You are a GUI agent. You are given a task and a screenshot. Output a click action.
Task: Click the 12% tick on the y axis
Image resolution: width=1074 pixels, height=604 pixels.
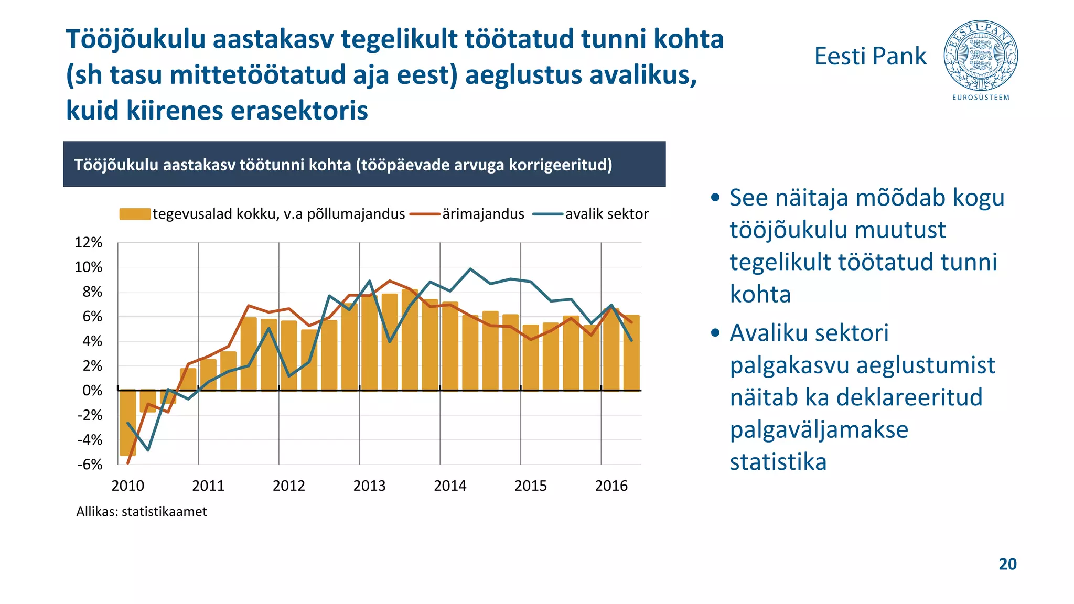tap(89, 243)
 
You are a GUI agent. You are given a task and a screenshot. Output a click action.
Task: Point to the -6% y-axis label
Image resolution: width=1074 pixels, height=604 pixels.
tap(90, 465)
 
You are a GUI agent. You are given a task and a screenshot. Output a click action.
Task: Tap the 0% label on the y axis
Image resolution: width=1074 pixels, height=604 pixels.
tap(92, 391)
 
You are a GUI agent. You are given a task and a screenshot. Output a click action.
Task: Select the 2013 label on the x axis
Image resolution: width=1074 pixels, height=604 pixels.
tap(369, 486)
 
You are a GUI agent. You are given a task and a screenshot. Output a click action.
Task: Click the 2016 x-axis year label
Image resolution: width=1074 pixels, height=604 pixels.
tap(611, 486)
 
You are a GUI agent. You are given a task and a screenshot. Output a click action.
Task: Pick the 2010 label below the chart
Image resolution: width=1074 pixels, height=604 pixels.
tap(127, 486)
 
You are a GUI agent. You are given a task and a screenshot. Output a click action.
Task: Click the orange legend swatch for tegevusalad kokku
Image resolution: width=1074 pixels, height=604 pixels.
tap(135, 214)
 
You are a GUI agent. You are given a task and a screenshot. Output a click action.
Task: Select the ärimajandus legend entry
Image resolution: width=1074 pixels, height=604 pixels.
tap(482, 214)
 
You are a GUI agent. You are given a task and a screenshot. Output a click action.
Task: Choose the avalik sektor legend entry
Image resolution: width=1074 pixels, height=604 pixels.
tap(606, 214)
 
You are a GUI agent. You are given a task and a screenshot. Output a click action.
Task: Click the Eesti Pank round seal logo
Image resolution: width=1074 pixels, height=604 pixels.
tap(980, 56)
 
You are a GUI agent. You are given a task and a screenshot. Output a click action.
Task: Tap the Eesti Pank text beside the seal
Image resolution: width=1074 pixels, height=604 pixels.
tap(870, 56)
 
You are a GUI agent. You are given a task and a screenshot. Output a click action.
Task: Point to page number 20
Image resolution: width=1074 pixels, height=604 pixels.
tap(1007, 564)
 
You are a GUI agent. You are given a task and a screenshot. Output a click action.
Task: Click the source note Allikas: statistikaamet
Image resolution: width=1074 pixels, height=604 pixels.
tap(142, 512)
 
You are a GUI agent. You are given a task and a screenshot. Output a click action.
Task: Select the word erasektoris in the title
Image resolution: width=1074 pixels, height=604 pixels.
tap(299, 111)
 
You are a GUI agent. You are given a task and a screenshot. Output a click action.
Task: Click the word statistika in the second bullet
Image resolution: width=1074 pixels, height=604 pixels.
tap(778, 462)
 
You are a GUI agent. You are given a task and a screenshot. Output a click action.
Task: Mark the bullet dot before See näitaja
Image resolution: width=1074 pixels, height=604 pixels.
tap(715, 198)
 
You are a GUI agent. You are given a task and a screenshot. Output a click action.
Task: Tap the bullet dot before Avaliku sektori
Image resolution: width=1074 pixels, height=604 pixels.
tap(715, 333)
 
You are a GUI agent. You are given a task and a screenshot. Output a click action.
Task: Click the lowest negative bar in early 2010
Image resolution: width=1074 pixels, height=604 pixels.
tap(127, 423)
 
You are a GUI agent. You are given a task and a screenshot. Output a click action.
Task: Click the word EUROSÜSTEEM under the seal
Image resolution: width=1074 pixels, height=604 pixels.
tap(981, 98)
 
